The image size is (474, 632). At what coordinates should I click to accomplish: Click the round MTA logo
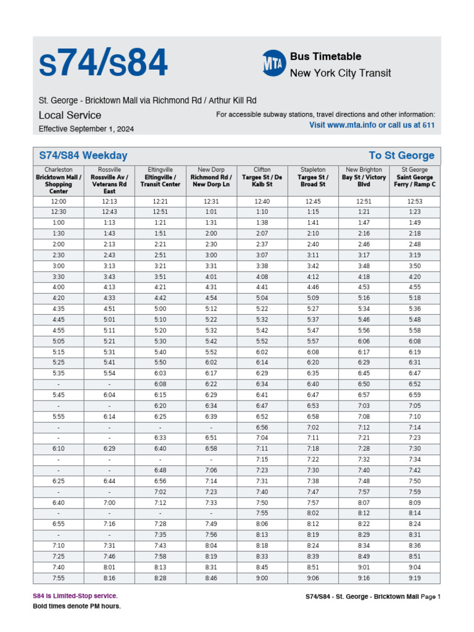[274, 64]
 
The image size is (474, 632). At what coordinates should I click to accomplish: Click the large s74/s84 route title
[103, 64]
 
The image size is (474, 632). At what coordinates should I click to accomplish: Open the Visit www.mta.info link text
[372, 125]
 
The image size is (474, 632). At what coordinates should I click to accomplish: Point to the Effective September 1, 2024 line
[86, 129]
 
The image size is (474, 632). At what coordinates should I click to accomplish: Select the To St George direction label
[401, 156]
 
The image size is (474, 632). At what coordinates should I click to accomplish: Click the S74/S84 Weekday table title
[83, 156]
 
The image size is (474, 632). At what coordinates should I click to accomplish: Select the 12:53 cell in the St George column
[415, 202]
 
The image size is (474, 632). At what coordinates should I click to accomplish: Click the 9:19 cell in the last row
[415, 578]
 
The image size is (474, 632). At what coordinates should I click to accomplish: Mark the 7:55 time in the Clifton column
[262, 513]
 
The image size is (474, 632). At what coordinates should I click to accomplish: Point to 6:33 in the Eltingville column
[160, 438]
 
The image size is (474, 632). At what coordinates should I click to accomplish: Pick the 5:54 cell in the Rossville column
[109, 373]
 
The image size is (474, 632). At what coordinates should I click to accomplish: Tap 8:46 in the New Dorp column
[211, 578]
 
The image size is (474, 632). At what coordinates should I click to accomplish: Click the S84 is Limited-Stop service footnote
[75, 596]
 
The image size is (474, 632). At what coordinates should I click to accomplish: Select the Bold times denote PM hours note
[77, 606]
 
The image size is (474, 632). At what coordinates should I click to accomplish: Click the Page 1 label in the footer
[431, 597]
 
